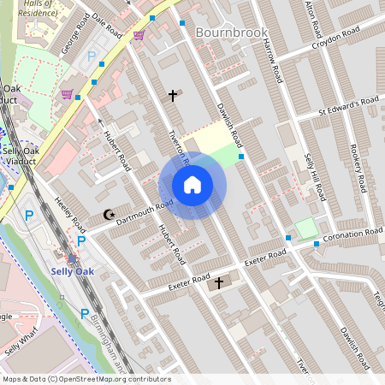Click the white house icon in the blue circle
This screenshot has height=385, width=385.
tap(192, 185)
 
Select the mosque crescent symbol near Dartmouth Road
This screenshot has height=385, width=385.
tap(108, 215)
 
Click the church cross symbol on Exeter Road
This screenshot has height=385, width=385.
tap(218, 282)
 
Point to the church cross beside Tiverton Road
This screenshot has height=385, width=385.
tap(173, 96)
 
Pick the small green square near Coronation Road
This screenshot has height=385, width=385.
tap(305, 228)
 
